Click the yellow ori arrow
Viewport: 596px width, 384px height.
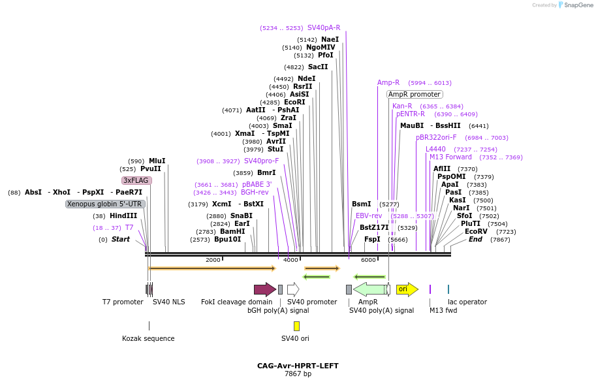click(407, 289)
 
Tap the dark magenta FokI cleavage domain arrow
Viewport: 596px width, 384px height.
click(264, 289)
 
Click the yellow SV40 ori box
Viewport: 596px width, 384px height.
click(296, 326)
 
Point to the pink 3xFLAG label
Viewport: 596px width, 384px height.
click(136, 180)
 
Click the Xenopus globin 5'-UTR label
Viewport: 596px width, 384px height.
click(104, 204)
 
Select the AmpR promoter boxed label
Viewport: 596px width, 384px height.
click(415, 94)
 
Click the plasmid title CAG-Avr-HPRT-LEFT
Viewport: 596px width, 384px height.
click(298, 366)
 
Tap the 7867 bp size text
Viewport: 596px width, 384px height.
click(298, 374)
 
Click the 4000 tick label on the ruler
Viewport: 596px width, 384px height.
click(290, 260)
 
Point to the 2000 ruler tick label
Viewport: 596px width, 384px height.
click(213, 260)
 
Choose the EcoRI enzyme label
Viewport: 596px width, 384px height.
click(294, 102)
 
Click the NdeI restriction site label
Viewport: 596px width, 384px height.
click(306, 78)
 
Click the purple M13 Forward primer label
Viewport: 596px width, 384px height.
click(450, 157)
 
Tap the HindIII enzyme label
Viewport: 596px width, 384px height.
click(123, 216)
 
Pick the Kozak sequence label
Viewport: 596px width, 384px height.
click(148, 338)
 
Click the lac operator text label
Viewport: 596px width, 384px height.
click(467, 302)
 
